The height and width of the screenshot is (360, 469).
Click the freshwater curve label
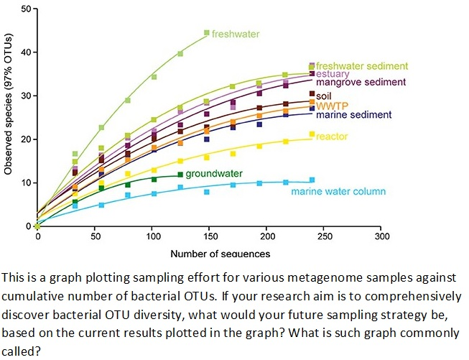[236, 34]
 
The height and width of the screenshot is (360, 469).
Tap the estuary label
[333, 74]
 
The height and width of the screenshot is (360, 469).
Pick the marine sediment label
[353, 114]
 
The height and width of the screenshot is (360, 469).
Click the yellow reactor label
[332, 136]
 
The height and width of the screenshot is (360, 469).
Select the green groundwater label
[213, 174]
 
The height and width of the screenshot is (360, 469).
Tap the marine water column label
[338, 191]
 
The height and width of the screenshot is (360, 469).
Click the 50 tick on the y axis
[25, 9]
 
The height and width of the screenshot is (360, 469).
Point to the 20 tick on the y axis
[25, 139]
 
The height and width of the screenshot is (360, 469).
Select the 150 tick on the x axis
[209, 236]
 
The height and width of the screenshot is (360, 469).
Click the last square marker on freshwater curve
[207, 32]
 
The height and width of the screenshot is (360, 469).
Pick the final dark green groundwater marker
[180, 175]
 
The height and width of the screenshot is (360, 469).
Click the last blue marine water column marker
[312, 180]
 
